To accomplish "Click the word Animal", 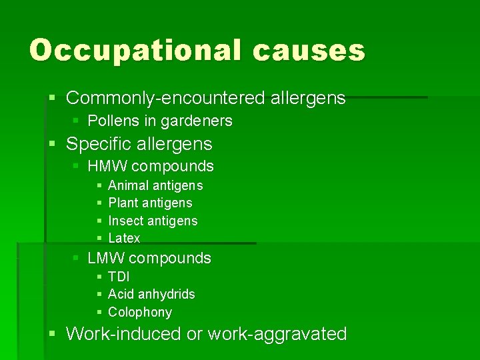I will (129, 186).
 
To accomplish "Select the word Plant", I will (123, 203).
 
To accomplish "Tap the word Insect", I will (125, 221).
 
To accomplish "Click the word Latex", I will (124, 238).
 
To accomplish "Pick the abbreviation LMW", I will (105, 258).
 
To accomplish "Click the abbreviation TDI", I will (119, 277).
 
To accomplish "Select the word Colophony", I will (140, 312).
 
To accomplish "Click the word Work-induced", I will (124, 333).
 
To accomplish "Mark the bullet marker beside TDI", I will (99, 277).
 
